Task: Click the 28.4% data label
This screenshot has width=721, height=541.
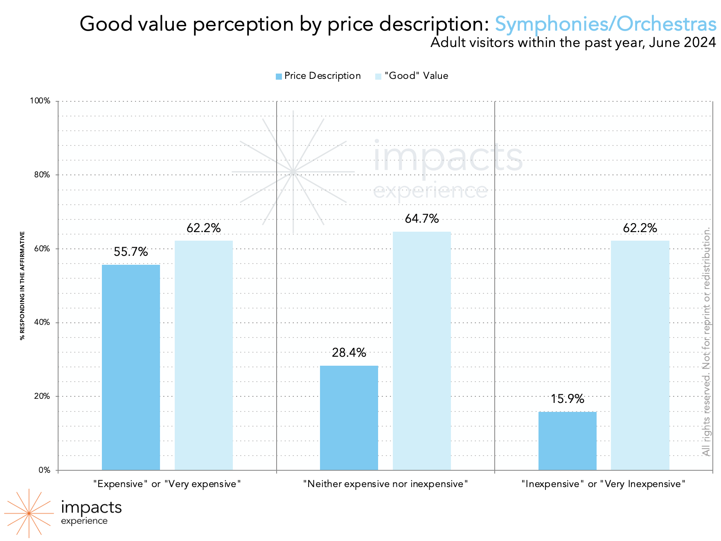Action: click(349, 352)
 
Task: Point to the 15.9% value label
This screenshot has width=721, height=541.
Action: click(567, 398)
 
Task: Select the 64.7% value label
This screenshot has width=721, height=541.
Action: click(421, 219)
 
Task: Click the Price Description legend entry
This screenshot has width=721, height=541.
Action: click(318, 76)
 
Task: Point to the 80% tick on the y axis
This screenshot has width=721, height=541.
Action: click(42, 175)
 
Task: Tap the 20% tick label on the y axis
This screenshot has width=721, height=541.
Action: click(42, 396)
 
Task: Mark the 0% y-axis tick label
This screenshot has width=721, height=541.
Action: click(44, 470)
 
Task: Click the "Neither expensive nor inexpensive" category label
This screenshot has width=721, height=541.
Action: click(385, 484)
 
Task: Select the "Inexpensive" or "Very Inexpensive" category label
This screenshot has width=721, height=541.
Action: click(603, 484)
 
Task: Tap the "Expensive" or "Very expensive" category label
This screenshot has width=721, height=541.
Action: click(167, 484)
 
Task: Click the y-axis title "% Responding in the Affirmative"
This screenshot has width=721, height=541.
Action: click(23, 286)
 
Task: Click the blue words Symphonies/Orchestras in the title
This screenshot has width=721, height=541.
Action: click(605, 24)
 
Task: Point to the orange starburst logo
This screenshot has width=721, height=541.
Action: click(29, 513)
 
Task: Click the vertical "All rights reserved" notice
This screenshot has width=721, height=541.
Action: click(706, 342)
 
